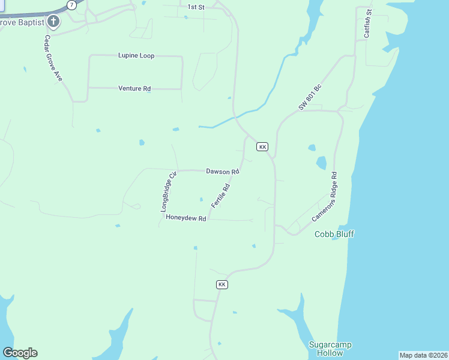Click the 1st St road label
[x=196, y=7]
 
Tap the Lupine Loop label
[x=136, y=56]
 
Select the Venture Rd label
[x=134, y=89]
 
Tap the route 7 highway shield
[x=72, y=5]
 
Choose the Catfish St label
[x=367, y=25]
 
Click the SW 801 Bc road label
[x=310, y=97]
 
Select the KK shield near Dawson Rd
[x=262, y=146]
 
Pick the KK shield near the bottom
[x=222, y=284]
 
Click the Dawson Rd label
[x=223, y=172]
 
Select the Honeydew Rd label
[x=186, y=218]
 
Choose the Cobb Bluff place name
[x=334, y=234]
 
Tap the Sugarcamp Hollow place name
[x=330, y=349]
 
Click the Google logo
[x=20, y=353]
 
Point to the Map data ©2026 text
[x=424, y=355]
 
